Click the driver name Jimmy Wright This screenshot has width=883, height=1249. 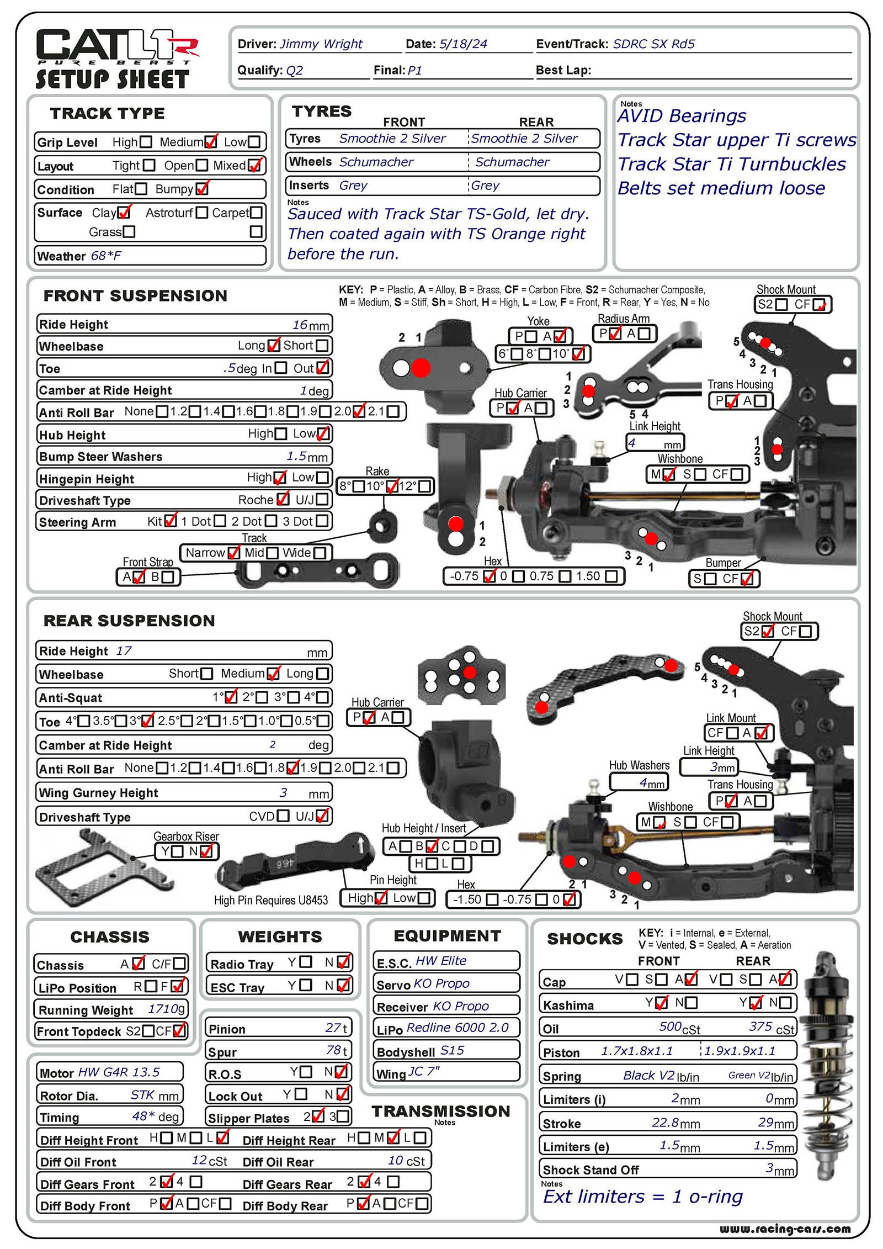point(321,44)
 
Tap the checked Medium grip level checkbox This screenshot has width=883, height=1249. point(211,142)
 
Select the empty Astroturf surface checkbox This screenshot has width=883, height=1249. point(202,213)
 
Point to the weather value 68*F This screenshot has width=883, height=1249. point(106,256)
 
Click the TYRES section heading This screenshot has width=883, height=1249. point(321,112)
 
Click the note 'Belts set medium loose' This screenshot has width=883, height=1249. point(721,188)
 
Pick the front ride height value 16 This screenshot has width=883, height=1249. point(300,325)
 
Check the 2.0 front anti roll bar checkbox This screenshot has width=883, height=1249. point(359,411)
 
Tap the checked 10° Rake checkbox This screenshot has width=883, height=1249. point(392,486)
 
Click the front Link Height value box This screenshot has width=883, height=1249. point(655,443)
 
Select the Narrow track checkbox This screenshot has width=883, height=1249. point(233,553)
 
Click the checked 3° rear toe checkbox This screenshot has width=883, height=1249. point(147,721)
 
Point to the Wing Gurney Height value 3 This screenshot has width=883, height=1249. point(283,793)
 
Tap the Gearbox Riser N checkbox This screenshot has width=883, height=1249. point(206,851)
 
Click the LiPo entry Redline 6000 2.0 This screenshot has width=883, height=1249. point(458,1028)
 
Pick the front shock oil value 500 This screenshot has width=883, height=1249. point(670,1026)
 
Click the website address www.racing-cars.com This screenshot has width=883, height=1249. point(784,1229)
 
